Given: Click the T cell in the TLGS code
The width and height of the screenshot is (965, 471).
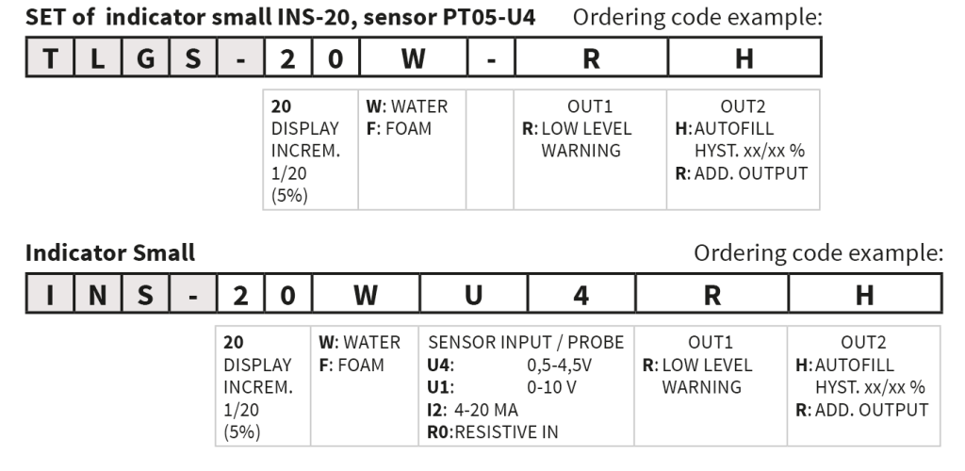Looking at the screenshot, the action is pyautogui.click(x=50, y=57).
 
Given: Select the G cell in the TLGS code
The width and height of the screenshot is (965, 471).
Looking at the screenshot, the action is pyautogui.click(x=145, y=57).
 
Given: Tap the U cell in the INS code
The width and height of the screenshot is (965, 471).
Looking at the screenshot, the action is pyautogui.click(x=473, y=294).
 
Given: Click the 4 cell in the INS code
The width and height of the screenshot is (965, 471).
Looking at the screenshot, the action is pyautogui.click(x=581, y=294).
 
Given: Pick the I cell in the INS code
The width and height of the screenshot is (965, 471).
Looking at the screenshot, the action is pyautogui.click(x=50, y=294).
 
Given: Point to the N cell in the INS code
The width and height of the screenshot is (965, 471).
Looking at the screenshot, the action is pyautogui.click(x=97, y=294).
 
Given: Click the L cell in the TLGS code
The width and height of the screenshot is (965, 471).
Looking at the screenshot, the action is pyautogui.click(x=97, y=57).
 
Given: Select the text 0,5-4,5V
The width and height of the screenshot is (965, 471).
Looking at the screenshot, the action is pyautogui.click(x=559, y=365).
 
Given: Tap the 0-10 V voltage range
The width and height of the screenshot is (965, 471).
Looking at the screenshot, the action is pyautogui.click(x=551, y=387).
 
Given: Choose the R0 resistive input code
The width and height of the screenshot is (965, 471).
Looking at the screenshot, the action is pyautogui.click(x=439, y=432).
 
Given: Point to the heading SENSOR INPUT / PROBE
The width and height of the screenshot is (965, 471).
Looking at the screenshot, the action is pyautogui.click(x=526, y=343).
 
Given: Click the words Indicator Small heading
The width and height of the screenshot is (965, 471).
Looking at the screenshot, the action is pyautogui.click(x=110, y=252).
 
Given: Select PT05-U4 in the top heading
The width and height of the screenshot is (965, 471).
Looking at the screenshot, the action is pyautogui.click(x=489, y=17).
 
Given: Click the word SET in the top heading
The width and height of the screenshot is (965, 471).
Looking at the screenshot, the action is pyautogui.click(x=45, y=17).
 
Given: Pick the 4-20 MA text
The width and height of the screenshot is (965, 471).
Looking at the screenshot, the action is pyautogui.click(x=486, y=410).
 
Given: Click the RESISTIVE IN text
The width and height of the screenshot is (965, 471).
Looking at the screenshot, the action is pyautogui.click(x=506, y=432).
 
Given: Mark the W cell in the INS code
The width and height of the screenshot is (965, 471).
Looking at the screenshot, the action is pyautogui.click(x=366, y=294).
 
